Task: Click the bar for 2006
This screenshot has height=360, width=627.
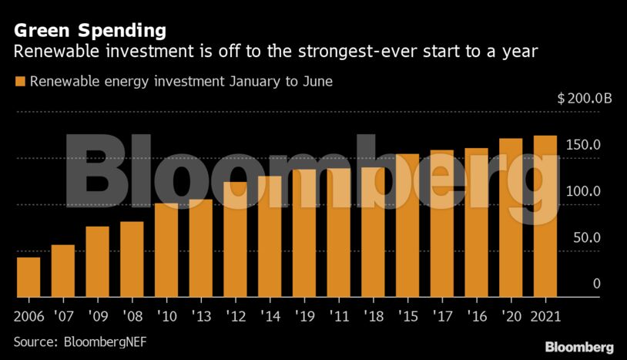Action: [28, 277]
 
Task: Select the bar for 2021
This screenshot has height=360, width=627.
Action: [545, 217]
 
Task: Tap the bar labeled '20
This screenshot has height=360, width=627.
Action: [511, 218]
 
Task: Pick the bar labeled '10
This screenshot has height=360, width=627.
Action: [166, 250]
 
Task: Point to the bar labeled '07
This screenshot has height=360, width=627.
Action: [63, 271]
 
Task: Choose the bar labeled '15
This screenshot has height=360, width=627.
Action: [407, 225]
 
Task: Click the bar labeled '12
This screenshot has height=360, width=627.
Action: [235, 239]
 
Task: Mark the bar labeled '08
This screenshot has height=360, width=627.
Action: [132, 259]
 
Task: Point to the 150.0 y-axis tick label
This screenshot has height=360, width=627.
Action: [584, 146]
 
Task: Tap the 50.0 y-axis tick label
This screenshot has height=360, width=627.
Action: [586, 238]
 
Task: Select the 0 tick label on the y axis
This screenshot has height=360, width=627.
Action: [596, 284]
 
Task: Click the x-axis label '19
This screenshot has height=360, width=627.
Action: [304, 316]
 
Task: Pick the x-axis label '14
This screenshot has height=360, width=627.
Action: [270, 316]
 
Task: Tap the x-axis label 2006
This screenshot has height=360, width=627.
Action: [28, 316]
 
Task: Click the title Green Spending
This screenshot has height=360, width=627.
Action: [89, 31]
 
